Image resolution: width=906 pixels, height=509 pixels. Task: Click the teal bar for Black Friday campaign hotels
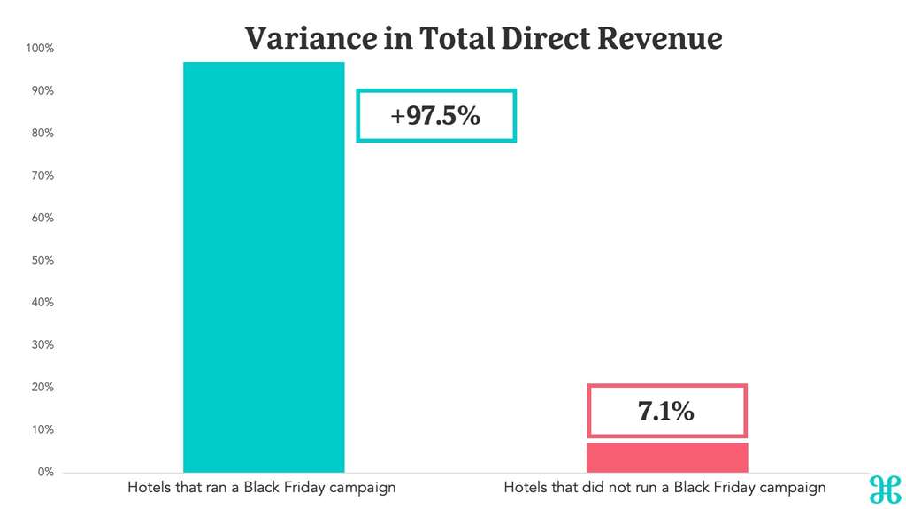coord(264,266)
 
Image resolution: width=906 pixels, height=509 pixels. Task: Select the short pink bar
coord(668,457)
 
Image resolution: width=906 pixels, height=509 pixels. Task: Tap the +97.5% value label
coord(435,115)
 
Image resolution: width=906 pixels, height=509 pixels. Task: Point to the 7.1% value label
coord(666,411)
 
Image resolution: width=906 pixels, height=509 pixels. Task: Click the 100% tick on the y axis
coord(40,49)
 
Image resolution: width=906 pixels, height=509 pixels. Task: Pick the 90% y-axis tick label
coord(42,91)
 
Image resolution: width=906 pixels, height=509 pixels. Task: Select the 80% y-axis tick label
coord(42,134)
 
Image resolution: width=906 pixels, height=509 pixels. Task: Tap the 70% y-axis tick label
coord(42,175)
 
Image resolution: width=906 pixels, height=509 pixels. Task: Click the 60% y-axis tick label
coord(42,218)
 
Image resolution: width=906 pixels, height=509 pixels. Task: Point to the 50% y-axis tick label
coord(42,260)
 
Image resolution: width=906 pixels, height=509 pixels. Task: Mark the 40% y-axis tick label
coord(42,303)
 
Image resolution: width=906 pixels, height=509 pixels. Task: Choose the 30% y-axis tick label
coord(42,345)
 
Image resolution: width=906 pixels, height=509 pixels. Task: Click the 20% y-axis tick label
coord(42,387)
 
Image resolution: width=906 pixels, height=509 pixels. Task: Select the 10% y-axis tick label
coord(42,429)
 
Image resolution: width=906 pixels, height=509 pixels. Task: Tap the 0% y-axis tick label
coord(44,472)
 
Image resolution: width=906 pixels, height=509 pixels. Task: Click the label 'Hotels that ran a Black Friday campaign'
coord(261,488)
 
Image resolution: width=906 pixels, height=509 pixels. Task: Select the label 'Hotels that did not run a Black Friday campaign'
coord(664,488)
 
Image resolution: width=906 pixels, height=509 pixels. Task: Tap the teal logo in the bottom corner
coord(884,490)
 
